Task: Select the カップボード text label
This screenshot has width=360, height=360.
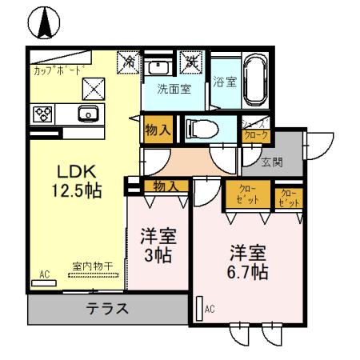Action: (57, 70)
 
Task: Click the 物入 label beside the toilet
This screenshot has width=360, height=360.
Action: (158, 129)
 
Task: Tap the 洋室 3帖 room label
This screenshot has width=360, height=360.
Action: (157, 246)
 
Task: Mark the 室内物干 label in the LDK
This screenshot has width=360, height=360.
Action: (90, 266)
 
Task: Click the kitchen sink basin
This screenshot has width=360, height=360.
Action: (88, 113)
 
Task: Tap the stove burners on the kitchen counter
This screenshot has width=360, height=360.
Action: (43, 114)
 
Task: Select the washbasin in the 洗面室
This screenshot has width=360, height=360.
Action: (159, 66)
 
